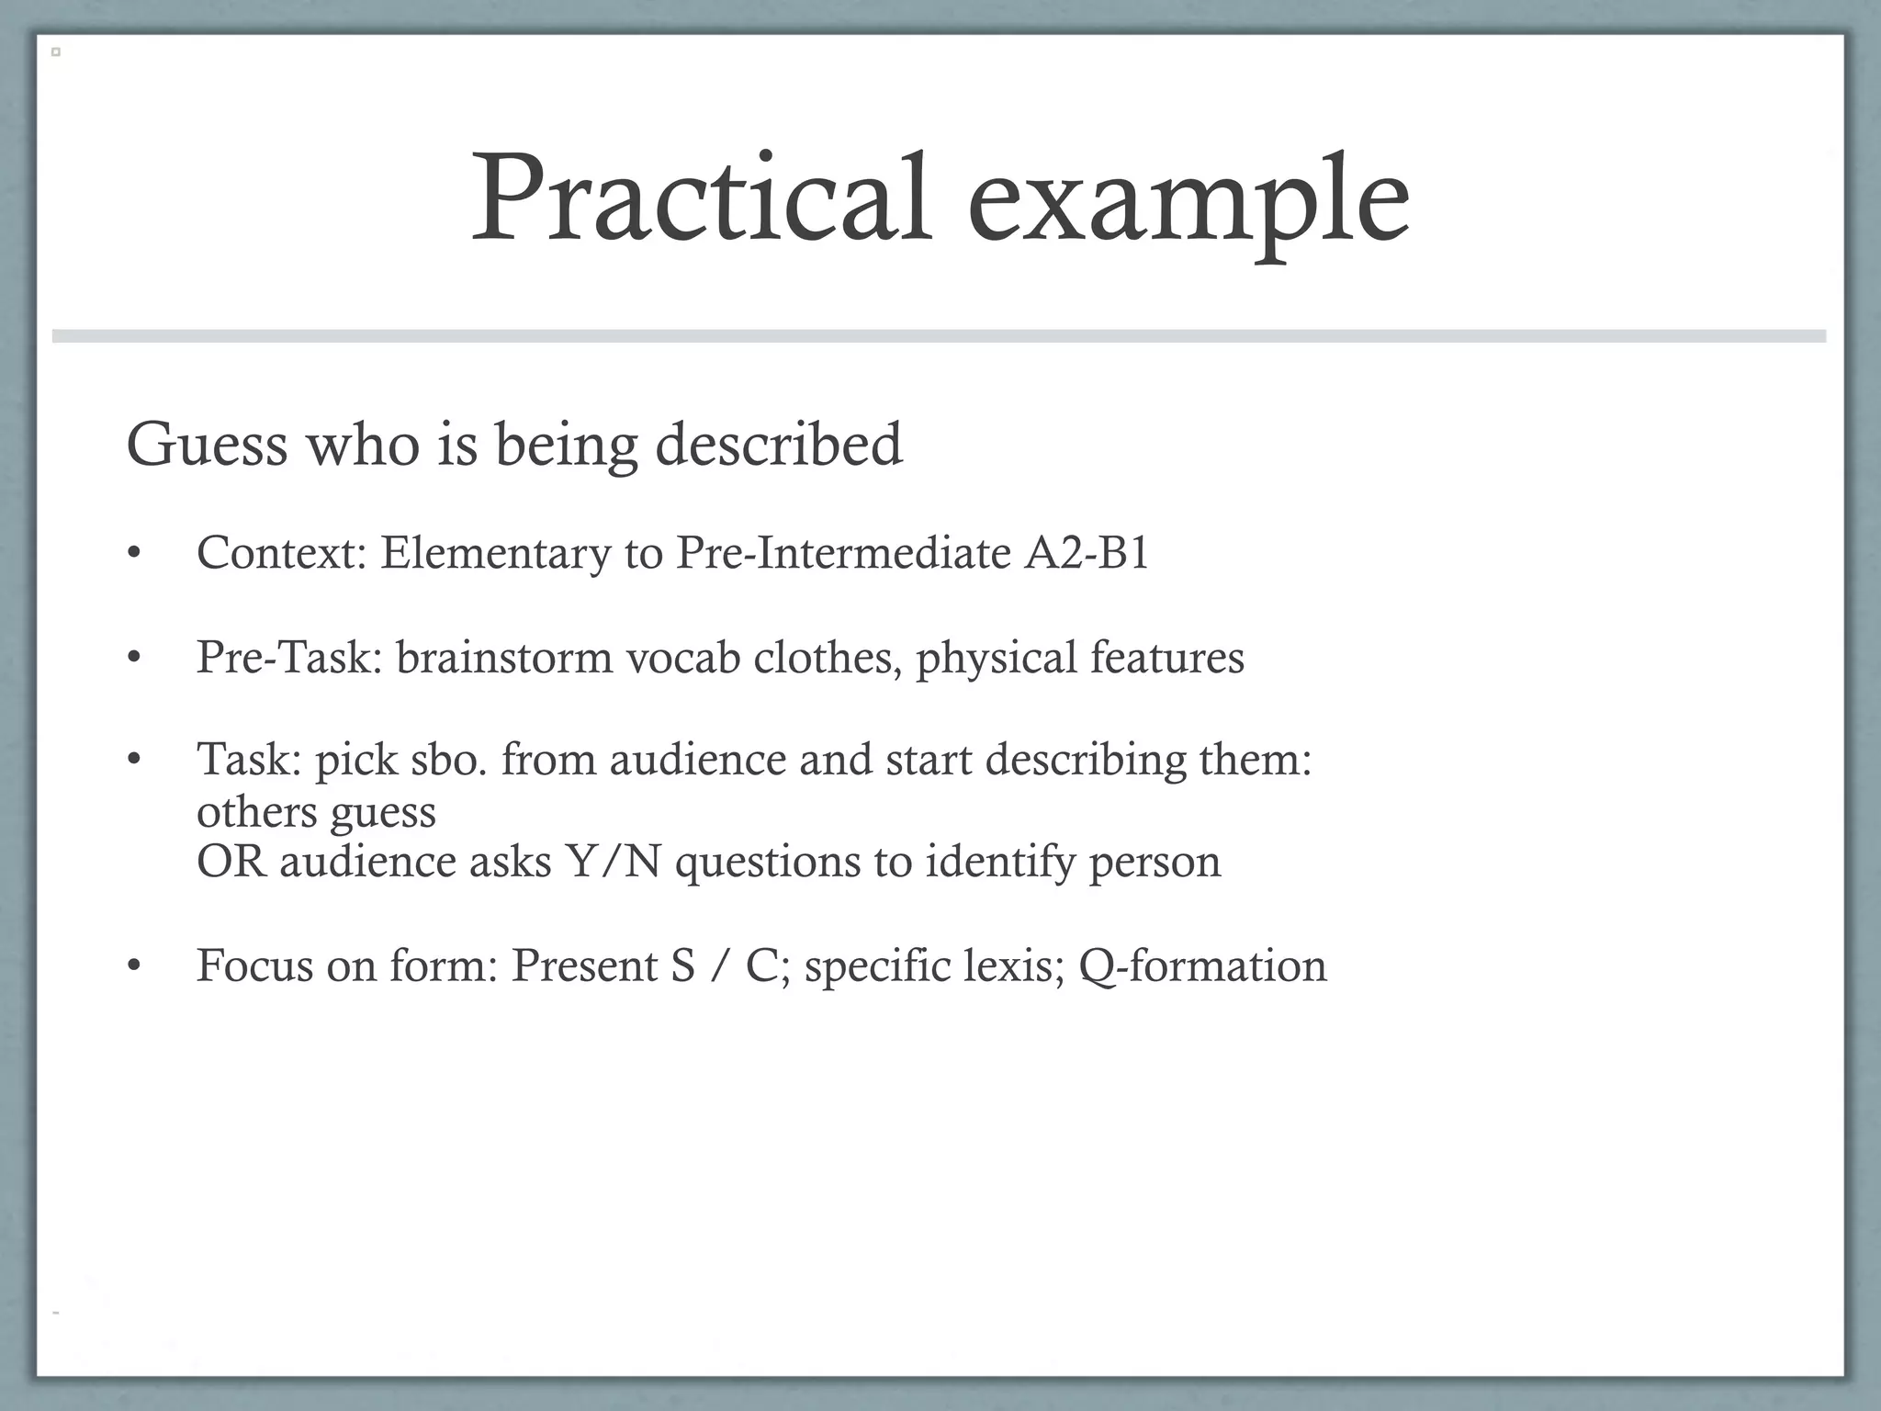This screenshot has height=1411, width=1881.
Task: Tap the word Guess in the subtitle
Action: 208,445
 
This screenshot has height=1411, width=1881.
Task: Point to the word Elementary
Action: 495,553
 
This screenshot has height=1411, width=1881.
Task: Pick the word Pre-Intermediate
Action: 843,553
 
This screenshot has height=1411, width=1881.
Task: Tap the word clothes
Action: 828,658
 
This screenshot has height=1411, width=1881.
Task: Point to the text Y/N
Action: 614,862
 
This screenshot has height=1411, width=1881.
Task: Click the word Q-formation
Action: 1203,965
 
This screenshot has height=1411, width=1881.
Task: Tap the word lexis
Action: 1014,965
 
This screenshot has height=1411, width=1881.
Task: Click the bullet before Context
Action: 134,555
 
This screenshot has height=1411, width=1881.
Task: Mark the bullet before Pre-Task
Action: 134,659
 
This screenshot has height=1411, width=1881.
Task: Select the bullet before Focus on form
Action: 134,966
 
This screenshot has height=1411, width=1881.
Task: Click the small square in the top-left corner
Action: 56,52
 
